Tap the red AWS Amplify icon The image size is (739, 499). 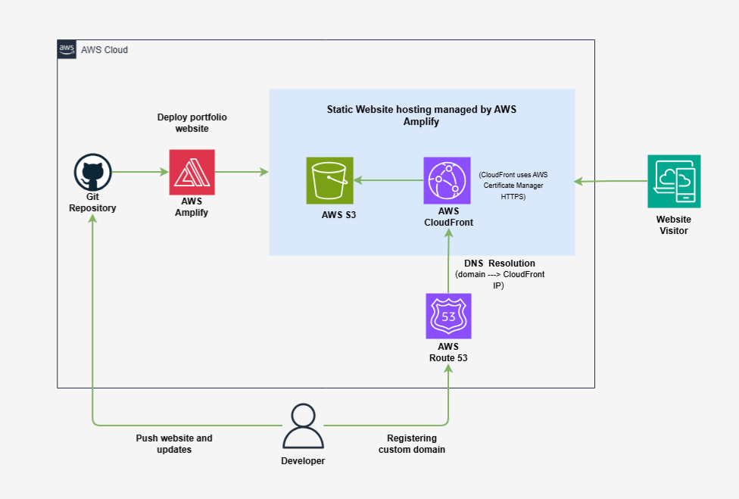click(x=192, y=173)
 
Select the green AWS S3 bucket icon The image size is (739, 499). click(x=329, y=180)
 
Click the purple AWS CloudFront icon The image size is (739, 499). click(x=447, y=180)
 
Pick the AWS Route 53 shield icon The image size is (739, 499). click(x=448, y=317)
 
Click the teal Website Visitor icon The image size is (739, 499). click(x=673, y=181)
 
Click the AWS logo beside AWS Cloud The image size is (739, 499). click(x=67, y=49)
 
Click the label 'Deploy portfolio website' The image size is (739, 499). click(x=192, y=123)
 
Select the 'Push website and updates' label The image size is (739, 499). click(x=174, y=444)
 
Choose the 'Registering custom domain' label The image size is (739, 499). click(x=411, y=444)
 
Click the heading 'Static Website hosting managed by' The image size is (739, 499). click(x=421, y=109)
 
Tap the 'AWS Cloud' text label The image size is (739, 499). click(x=104, y=50)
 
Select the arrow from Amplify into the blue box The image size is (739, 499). click(x=242, y=173)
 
